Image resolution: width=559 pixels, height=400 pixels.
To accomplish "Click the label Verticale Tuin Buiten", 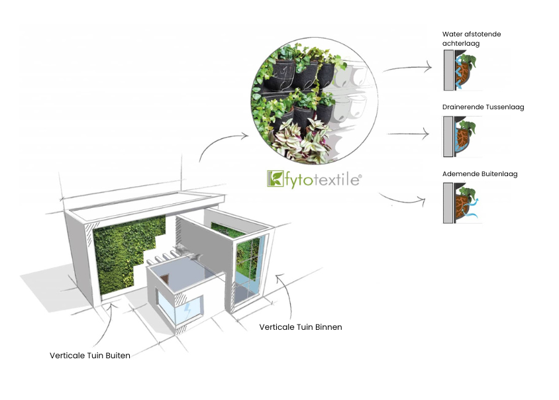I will [x=90, y=355].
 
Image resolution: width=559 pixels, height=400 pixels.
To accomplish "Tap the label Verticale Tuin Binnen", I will [x=301, y=327].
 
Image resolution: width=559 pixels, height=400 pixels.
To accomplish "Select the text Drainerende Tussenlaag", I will [x=483, y=107].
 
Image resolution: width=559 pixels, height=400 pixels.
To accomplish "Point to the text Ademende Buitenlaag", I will [x=480, y=174].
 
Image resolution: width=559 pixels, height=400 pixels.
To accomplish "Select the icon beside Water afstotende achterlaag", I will [x=462, y=71].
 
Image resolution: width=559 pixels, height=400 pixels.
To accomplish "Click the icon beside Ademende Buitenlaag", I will [x=462, y=203].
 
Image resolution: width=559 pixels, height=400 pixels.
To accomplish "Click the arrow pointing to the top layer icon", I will [x=407, y=68].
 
